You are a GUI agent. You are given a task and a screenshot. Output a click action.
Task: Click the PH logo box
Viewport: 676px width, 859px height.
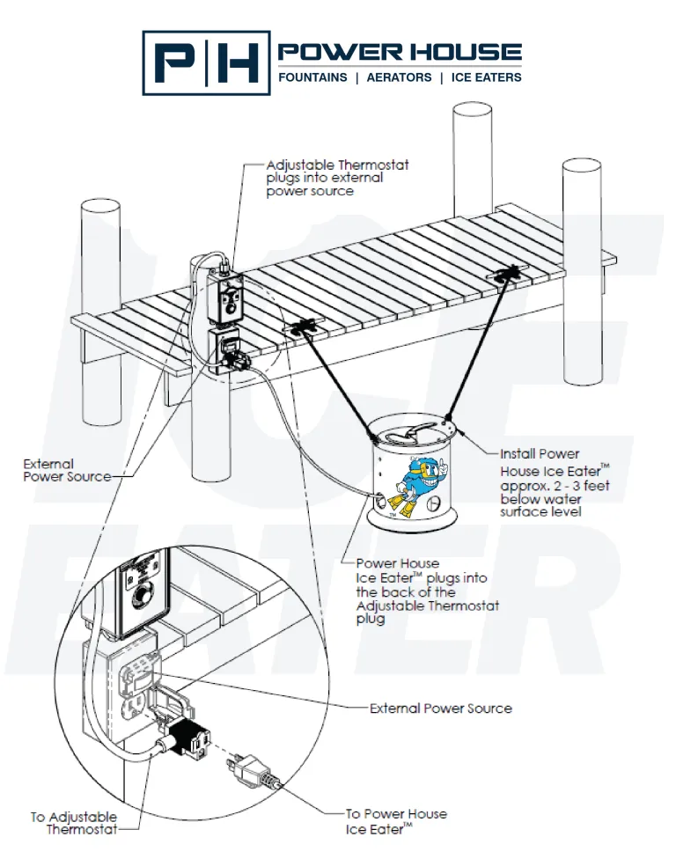coord(206,62)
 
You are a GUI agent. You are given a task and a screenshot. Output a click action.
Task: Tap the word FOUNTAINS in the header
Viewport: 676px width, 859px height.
coord(312,77)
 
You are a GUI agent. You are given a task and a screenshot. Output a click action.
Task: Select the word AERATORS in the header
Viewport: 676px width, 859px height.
coord(399,77)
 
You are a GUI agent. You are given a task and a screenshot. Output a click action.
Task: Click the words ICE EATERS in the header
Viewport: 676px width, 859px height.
coord(486,77)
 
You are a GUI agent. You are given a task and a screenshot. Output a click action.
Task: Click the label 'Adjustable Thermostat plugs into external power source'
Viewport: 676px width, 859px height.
coord(337,178)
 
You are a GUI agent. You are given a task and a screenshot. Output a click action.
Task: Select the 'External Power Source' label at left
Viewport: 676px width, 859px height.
coord(67,470)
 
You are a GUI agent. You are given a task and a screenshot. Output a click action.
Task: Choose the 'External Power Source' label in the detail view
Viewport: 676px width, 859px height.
coord(440,708)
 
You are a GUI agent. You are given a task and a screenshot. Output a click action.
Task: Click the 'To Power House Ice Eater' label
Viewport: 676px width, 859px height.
coord(396,821)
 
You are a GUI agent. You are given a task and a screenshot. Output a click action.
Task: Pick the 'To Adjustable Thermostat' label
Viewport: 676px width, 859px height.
coord(74,823)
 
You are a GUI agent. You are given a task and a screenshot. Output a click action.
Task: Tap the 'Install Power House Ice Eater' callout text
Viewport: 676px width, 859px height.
coord(554,482)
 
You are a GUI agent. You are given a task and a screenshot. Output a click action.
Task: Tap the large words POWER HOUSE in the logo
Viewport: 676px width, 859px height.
coord(400,52)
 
